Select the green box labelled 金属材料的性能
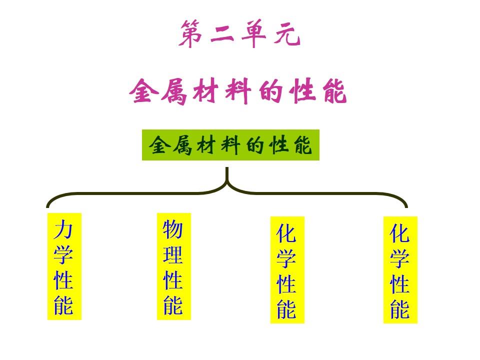pyautogui.click(x=230, y=145)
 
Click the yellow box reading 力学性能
pyautogui.click(x=64, y=266)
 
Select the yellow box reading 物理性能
pyautogui.click(x=173, y=266)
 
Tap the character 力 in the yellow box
pyautogui.click(x=64, y=230)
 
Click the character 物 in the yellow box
pyautogui.click(x=173, y=230)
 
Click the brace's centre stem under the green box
pyautogui.click(x=227, y=177)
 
